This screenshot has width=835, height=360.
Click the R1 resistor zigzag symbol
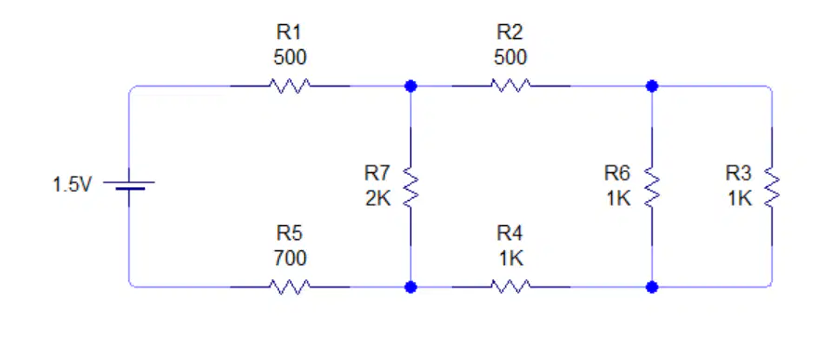(290, 86)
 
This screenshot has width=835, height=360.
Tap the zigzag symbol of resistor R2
(510, 86)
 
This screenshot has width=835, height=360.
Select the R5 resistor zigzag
(290, 287)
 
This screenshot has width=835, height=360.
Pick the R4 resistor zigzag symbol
(510, 287)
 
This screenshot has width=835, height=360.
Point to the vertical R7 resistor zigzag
(411, 186)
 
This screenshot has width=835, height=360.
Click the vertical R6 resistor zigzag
(652, 186)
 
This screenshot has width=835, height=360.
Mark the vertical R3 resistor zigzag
(772, 186)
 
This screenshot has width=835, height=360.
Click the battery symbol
(129, 185)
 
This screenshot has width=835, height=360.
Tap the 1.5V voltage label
(72, 185)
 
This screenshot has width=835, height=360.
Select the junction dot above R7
(411, 86)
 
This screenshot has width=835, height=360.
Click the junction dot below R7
(411, 287)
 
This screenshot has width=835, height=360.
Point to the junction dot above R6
(652, 86)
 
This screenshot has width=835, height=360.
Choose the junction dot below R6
(652, 287)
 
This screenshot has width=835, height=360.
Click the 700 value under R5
(290, 259)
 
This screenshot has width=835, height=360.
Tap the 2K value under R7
(378, 199)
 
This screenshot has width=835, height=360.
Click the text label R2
(510, 33)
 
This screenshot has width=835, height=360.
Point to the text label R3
(738, 173)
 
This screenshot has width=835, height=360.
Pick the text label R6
(617, 173)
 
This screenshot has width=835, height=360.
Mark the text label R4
(510, 233)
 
